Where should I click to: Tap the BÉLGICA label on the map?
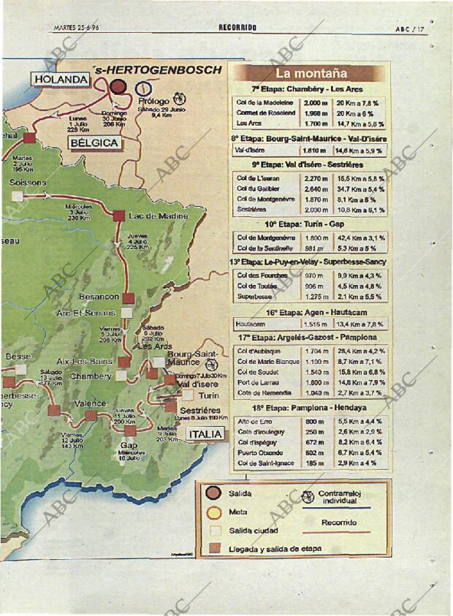(x=94, y=142)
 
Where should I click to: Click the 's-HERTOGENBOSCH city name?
(x=158, y=70)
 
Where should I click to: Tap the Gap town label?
(x=129, y=445)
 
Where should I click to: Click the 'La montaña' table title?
(x=310, y=74)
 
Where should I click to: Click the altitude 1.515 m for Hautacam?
(x=315, y=324)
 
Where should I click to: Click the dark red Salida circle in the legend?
(x=213, y=493)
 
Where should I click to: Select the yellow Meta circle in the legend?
(x=213, y=512)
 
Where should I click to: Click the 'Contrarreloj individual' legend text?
(x=340, y=498)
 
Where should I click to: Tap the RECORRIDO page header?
(x=237, y=28)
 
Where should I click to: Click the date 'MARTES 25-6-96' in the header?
(x=77, y=28)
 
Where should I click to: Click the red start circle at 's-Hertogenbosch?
(x=118, y=87)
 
